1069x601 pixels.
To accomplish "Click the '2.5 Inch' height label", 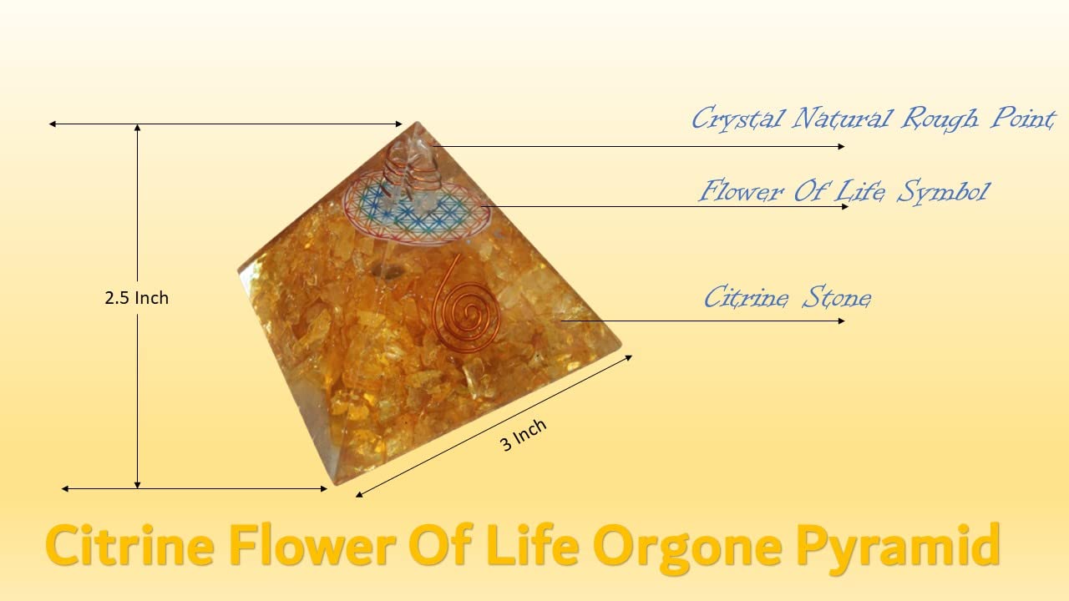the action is click(x=136, y=298).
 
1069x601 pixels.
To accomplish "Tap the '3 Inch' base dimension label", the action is click(x=523, y=435).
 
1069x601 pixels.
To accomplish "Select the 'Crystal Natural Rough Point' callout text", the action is click(x=873, y=119).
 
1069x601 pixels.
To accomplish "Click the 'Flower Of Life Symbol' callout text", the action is click(x=844, y=192).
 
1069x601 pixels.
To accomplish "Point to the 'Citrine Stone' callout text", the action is click(x=788, y=298).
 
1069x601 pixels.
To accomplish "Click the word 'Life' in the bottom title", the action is click(x=533, y=545).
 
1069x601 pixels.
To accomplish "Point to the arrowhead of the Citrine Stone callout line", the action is click(x=841, y=321).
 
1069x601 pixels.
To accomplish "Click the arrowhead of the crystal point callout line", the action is click(x=841, y=146).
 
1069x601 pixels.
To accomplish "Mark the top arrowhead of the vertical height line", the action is click(x=138, y=128).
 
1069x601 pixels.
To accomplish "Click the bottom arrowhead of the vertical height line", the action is click(x=138, y=485).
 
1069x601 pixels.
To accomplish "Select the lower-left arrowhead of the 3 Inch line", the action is click(x=359, y=495).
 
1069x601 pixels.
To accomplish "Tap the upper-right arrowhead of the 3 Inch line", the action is click(x=629, y=358).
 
